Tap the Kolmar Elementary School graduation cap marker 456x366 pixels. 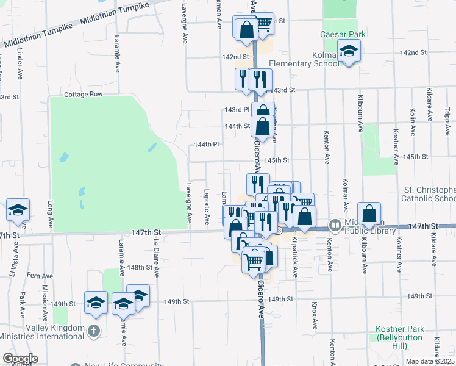tap(349, 52)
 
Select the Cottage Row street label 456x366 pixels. tap(84, 95)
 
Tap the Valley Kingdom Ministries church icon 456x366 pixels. tap(93, 331)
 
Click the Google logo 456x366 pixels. tap(20, 359)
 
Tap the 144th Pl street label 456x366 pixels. tap(206, 145)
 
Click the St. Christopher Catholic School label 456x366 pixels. tap(429, 194)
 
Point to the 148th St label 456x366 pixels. tap(140, 267)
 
